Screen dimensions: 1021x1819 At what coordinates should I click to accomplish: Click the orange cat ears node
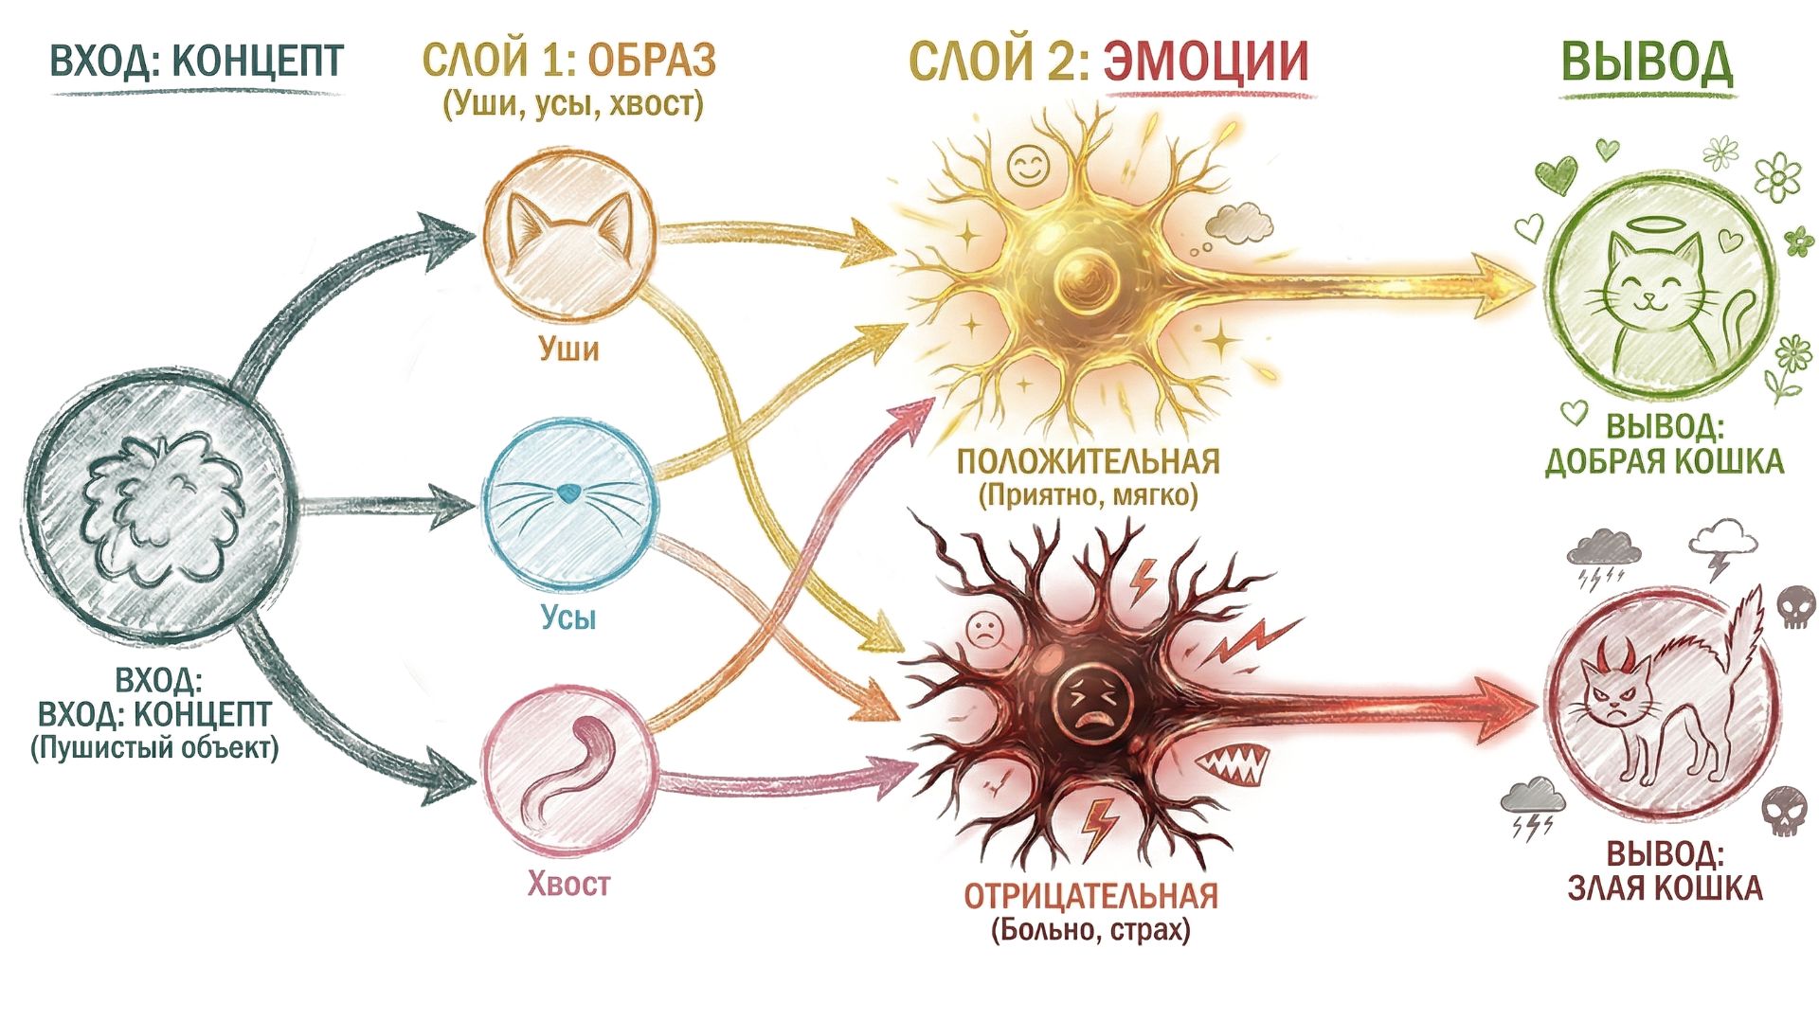pyautogui.click(x=568, y=232)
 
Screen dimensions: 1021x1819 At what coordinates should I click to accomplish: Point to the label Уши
pyautogui.click(x=568, y=349)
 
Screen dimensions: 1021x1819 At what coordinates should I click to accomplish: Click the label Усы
pyautogui.click(x=568, y=618)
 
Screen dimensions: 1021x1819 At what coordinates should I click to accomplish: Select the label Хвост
pyautogui.click(x=568, y=885)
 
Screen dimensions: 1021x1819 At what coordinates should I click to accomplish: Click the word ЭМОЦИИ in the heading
pyautogui.click(x=1206, y=61)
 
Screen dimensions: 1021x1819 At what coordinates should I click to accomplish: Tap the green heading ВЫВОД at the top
pyautogui.click(x=1647, y=63)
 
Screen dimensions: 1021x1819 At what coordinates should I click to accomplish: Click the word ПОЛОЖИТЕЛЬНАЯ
pyautogui.click(x=1089, y=462)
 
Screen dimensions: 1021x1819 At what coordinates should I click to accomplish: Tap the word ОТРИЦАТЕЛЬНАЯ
pyautogui.click(x=1090, y=896)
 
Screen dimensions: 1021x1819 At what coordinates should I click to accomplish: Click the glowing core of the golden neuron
pyautogui.click(x=1088, y=277)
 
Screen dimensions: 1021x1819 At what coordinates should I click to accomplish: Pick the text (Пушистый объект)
pyautogui.click(x=154, y=748)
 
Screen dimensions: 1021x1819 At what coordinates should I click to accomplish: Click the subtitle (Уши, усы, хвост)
pyautogui.click(x=573, y=103)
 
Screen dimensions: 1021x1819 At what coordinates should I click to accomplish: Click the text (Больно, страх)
pyautogui.click(x=1090, y=930)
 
